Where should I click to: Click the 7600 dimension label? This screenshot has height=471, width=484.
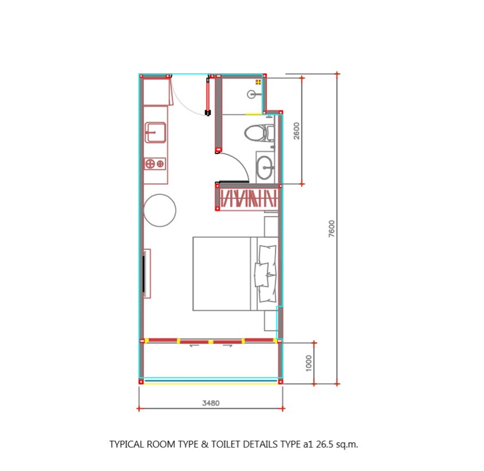pos(332,229)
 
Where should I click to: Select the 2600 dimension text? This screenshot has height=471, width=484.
pos(296,131)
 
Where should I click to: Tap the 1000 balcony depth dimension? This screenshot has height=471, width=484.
pos(308,363)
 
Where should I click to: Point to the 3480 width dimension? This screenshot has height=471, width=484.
pos(211,403)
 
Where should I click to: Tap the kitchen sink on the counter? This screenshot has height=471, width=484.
pos(155,132)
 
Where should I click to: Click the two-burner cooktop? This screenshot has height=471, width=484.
pos(155,164)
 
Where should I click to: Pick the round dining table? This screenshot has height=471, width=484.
pos(160,210)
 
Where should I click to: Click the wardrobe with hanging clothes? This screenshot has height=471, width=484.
pos(248,198)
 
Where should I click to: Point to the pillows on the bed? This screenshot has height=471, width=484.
pos(266,274)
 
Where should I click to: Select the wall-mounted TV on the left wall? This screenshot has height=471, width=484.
pos(144,273)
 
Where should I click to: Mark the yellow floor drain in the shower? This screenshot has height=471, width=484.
pos(258,82)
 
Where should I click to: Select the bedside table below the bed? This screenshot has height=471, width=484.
pos(271,321)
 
